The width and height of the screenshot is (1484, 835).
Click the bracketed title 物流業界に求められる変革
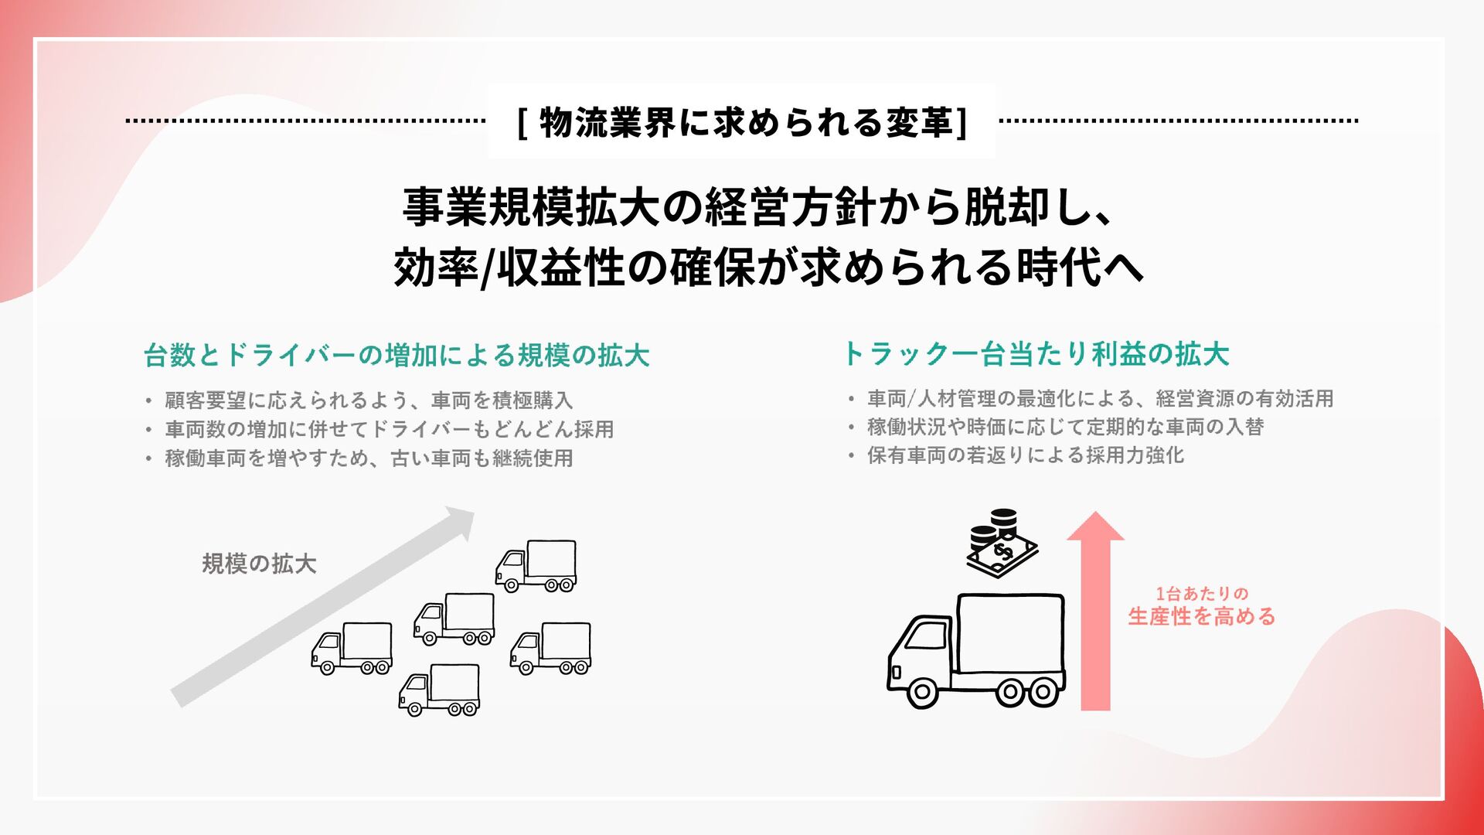pyautogui.click(x=742, y=122)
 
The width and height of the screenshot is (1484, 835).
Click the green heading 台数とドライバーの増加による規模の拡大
pyautogui.click(x=397, y=355)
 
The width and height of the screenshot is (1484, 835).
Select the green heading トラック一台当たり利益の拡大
pyautogui.click(x=1036, y=353)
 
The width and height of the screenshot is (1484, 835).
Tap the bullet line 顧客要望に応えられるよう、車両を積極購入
pyautogui.click(x=369, y=400)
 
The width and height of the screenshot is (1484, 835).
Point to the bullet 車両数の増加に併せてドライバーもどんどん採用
pyautogui.click(x=389, y=429)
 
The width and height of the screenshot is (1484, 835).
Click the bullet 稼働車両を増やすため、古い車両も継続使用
pyautogui.click(x=369, y=458)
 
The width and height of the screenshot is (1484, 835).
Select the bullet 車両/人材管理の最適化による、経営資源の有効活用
pyautogui.click(x=1100, y=398)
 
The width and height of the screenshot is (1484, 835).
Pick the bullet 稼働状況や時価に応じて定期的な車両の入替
pyautogui.click(x=1065, y=427)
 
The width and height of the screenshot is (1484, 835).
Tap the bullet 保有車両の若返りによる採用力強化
pyautogui.click(x=1025, y=455)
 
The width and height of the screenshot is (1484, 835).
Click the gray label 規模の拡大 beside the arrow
pyautogui.click(x=259, y=564)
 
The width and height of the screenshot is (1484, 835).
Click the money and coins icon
pyautogui.click(x=1002, y=543)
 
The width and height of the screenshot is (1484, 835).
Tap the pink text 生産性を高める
pyautogui.click(x=1201, y=617)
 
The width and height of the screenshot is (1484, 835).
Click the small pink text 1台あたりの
pyautogui.click(x=1201, y=594)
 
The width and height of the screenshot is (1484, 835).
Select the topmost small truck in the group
pyautogui.click(x=536, y=566)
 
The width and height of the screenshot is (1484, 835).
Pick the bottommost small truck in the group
pyautogui.click(x=439, y=690)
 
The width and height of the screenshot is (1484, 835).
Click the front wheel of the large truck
pyautogui.click(x=922, y=692)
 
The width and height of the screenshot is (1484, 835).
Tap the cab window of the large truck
pyautogui.click(x=927, y=636)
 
